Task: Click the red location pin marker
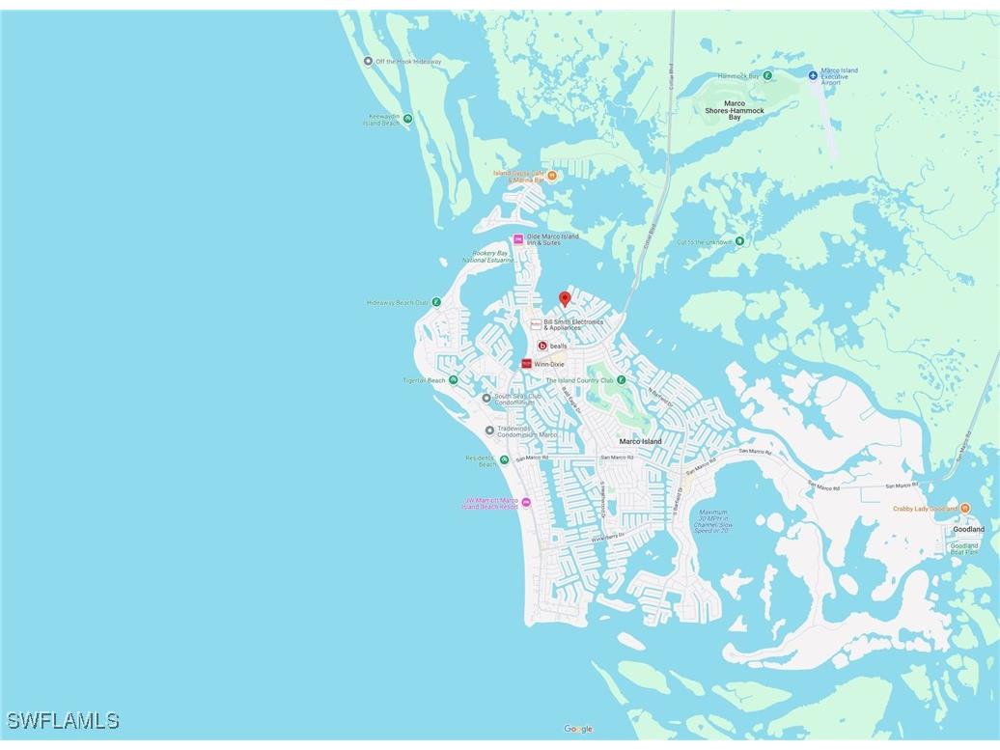pyautogui.click(x=565, y=299)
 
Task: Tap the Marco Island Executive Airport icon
pyautogui.click(x=812, y=74)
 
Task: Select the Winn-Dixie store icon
pyautogui.click(x=526, y=364)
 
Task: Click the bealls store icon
pyautogui.click(x=542, y=346)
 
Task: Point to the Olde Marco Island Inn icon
pyautogui.click(x=518, y=238)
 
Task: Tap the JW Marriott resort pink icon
pyautogui.click(x=526, y=502)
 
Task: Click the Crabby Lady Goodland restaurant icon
pyautogui.click(x=965, y=508)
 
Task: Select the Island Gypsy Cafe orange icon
pyautogui.click(x=552, y=176)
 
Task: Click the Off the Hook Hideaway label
pyautogui.click(x=408, y=62)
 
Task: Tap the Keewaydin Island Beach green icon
pyautogui.click(x=407, y=119)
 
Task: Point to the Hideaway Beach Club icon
pyautogui.click(x=436, y=302)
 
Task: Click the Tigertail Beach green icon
pyautogui.click(x=453, y=380)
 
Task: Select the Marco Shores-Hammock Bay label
pyautogui.click(x=735, y=110)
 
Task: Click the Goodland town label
pyautogui.click(x=968, y=529)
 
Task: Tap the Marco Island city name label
pyautogui.click(x=641, y=442)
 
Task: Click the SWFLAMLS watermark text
pyautogui.click(x=63, y=721)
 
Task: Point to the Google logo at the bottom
pyautogui.click(x=578, y=729)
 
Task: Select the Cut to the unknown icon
pyautogui.click(x=739, y=241)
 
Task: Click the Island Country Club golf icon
pyautogui.click(x=621, y=380)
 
